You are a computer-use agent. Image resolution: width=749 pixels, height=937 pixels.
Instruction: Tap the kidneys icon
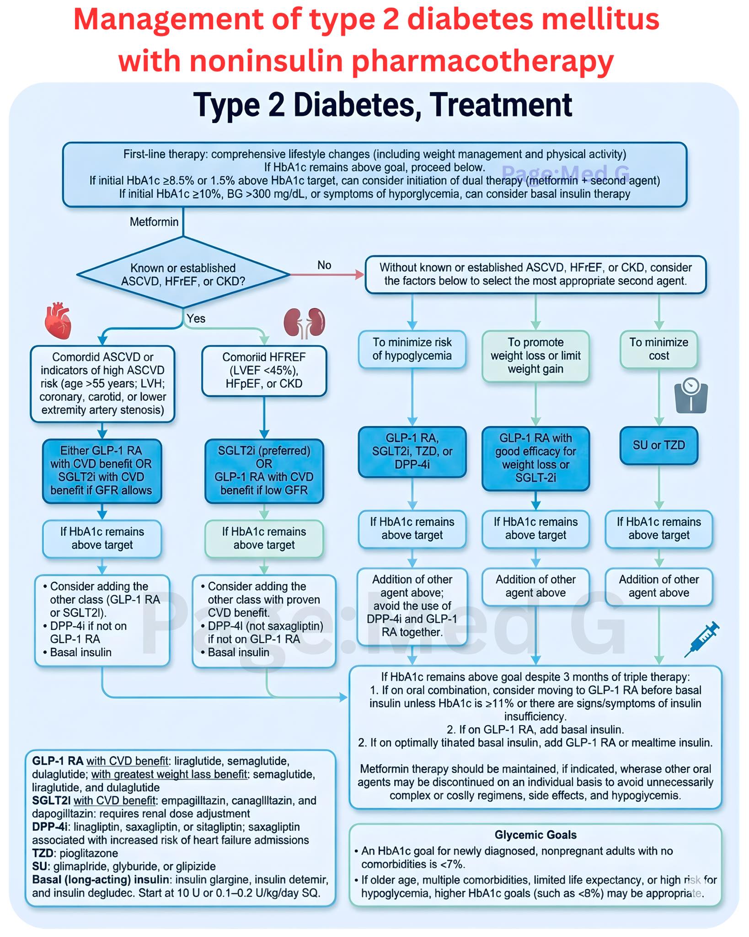(304, 323)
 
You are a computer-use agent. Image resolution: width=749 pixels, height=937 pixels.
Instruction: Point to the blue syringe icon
(702, 639)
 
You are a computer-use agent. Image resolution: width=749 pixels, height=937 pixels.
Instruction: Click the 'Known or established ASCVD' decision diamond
(183, 275)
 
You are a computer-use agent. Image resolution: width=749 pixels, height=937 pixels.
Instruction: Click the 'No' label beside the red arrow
(324, 265)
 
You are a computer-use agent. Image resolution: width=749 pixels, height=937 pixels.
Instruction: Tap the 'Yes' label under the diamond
(196, 318)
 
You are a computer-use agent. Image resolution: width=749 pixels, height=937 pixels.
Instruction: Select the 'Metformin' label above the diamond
(154, 222)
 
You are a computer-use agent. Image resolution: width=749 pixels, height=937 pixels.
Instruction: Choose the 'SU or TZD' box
(659, 446)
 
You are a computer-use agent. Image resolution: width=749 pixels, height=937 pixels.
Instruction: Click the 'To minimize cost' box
(659, 349)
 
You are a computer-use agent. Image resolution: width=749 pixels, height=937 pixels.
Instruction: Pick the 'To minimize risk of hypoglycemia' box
(412, 349)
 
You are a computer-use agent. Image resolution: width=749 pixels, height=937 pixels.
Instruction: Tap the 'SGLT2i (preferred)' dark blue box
(264, 471)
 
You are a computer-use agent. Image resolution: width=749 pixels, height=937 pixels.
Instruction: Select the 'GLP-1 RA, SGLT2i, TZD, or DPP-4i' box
(412, 452)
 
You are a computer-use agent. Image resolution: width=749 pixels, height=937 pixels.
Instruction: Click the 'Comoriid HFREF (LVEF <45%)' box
(264, 371)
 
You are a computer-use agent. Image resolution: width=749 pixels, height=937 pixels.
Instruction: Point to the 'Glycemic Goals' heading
(535, 835)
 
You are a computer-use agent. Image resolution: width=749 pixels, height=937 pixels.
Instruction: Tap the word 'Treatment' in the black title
(501, 105)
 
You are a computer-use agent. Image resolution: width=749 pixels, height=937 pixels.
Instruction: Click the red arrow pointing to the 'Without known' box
(327, 275)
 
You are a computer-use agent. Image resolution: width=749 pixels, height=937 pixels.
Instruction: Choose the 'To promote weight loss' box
(535, 356)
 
